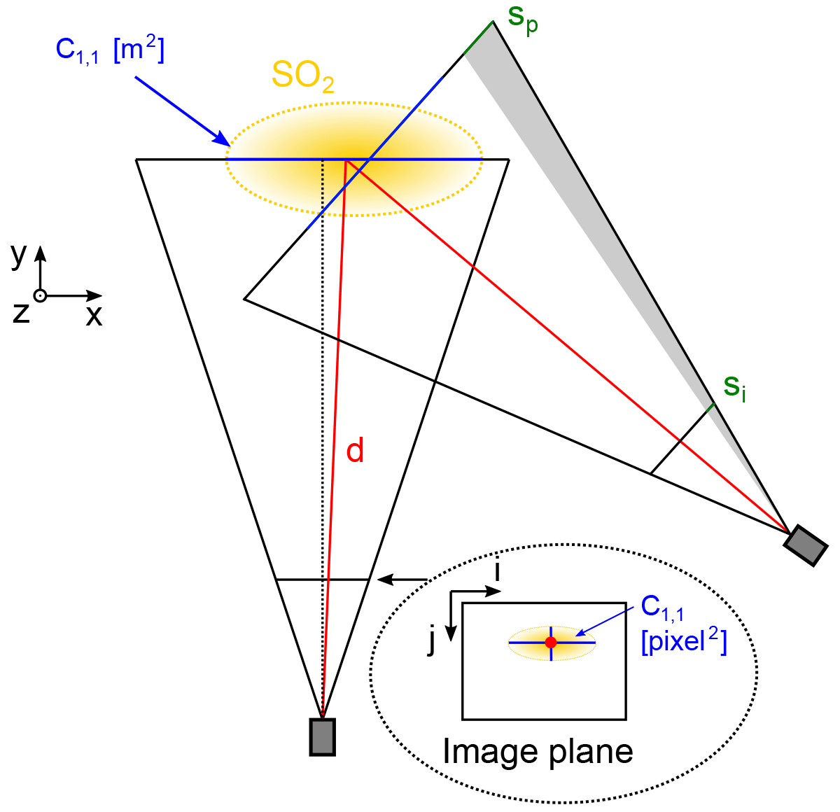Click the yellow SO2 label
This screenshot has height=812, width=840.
pyautogui.click(x=302, y=76)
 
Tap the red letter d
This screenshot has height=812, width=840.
pyautogui.click(x=356, y=451)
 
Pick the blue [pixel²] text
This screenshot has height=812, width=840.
pyautogui.click(x=684, y=642)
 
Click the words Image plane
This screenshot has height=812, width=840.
pyautogui.click(x=538, y=752)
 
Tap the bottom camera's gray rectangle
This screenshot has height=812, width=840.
pyautogui.click(x=322, y=737)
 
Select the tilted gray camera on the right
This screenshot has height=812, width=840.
pyautogui.click(x=806, y=545)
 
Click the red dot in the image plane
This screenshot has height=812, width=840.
pyautogui.click(x=551, y=642)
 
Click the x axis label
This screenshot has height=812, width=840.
pyautogui.click(x=94, y=317)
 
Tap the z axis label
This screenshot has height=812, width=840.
pyautogui.click(x=21, y=313)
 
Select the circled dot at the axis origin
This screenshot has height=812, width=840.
pyautogui.click(x=40, y=295)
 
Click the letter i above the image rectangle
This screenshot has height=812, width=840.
pyautogui.click(x=497, y=572)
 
